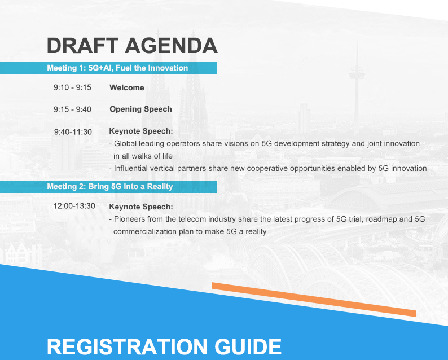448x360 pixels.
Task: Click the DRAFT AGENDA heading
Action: point(132,46)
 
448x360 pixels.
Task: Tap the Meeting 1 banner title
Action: point(117,68)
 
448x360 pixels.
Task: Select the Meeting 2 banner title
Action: point(109,187)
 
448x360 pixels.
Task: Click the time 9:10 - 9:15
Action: point(72,87)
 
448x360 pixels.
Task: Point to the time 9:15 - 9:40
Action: point(72,109)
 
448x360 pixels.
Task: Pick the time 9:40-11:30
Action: point(73,132)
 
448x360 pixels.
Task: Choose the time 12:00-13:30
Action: point(74,206)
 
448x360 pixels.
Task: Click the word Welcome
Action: point(127,87)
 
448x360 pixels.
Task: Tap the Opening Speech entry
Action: point(140,109)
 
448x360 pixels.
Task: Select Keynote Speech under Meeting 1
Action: point(141,131)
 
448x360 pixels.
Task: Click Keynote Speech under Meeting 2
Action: point(141,207)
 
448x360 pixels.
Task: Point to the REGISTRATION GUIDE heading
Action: point(164,347)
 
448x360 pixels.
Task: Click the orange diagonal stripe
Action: point(314,300)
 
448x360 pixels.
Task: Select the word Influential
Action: point(130,168)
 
